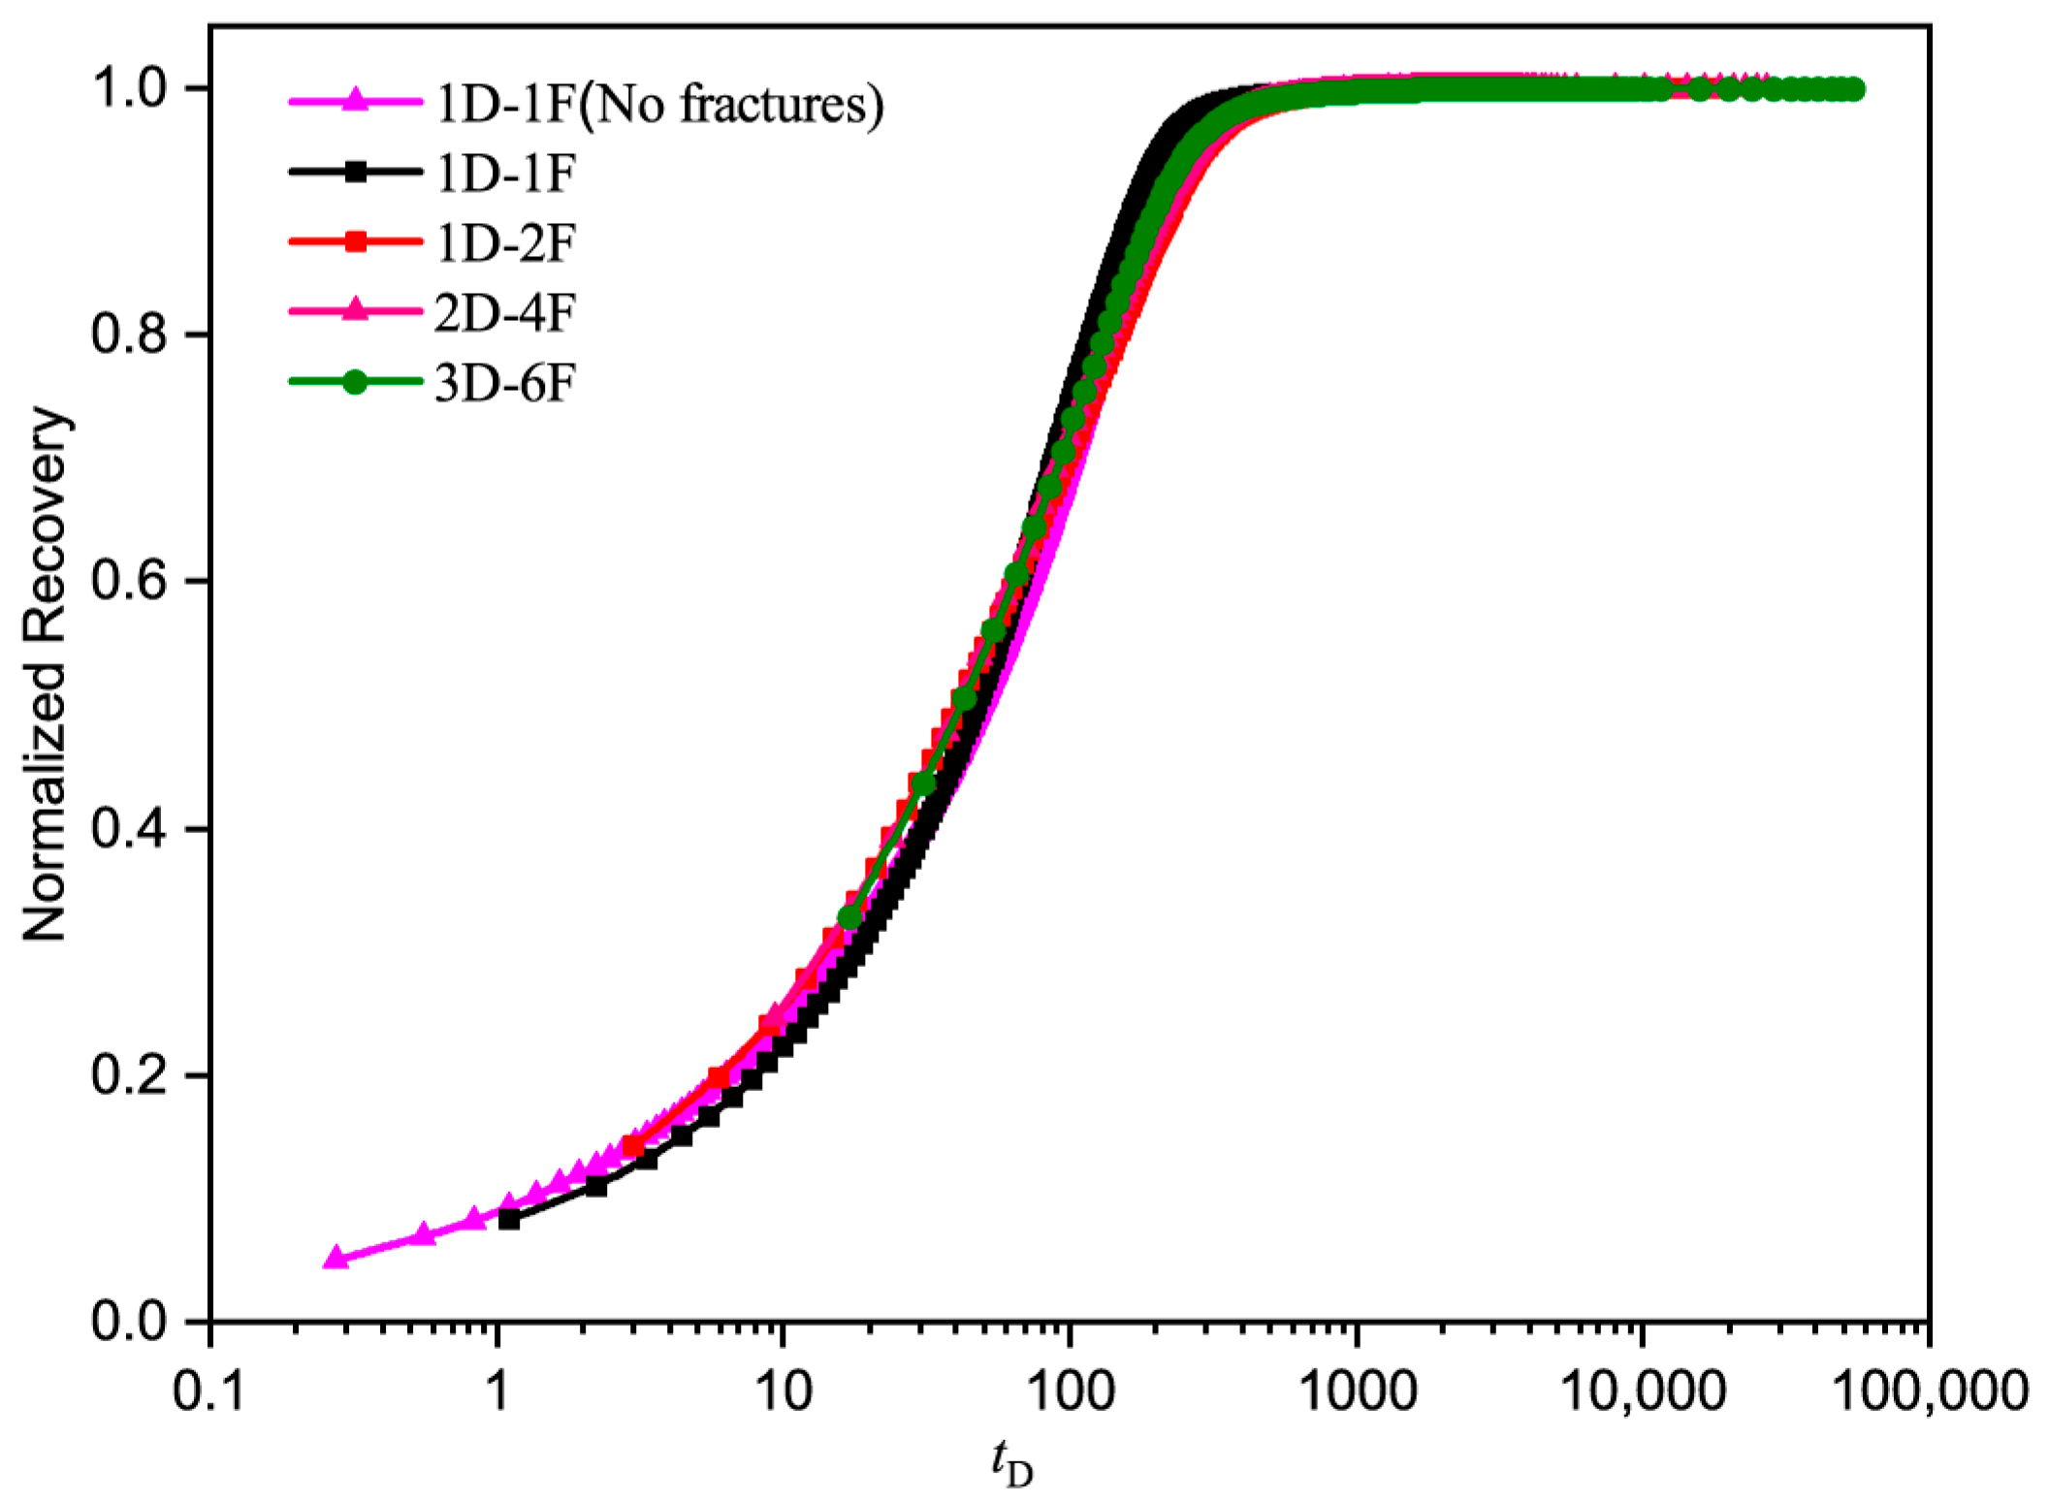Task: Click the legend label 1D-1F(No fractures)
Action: (x=659, y=103)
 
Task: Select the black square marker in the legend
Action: (x=356, y=172)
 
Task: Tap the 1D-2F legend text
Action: (x=505, y=242)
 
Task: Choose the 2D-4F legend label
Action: (x=505, y=312)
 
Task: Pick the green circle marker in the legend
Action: (x=356, y=382)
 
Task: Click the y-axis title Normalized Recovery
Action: (x=46, y=674)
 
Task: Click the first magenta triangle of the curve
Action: (x=336, y=1258)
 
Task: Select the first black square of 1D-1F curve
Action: (x=508, y=1220)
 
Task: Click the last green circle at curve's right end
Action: (x=1853, y=90)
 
